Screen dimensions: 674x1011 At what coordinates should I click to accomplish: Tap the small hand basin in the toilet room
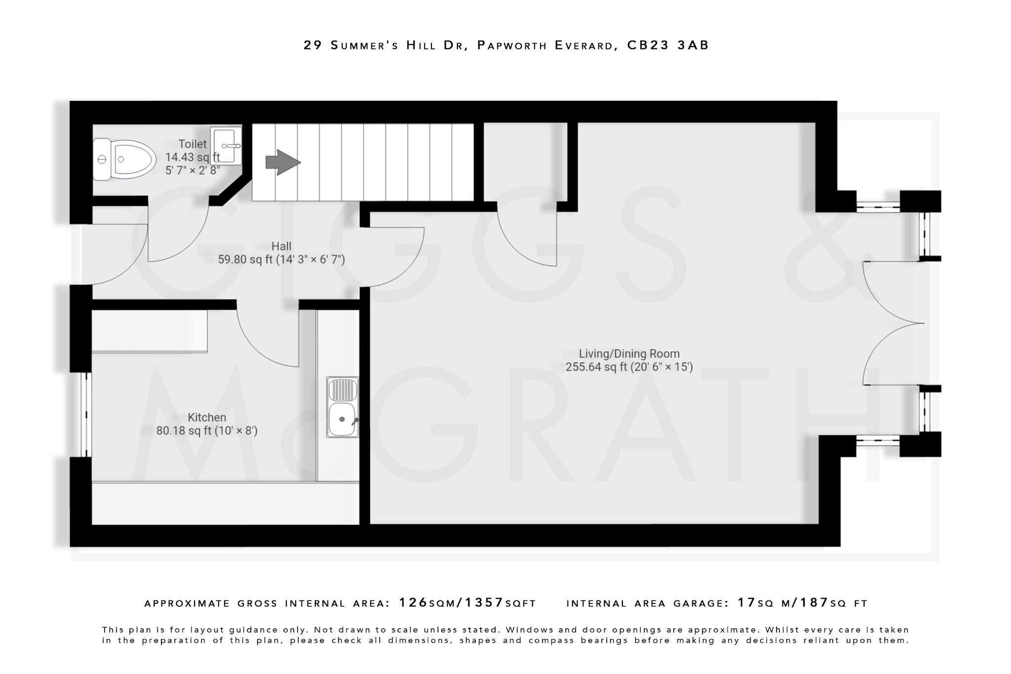pyautogui.click(x=227, y=145)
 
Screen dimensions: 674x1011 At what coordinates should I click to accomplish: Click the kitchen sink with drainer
pyautogui.click(x=343, y=407)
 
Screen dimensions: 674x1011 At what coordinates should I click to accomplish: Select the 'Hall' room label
pyautogui.click(x=281, y=246)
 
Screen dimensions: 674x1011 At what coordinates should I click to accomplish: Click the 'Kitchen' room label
pyautogui.click(x=207, y=417)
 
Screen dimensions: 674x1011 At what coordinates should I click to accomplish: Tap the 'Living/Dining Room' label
pyautogui.click(x=629, y=354)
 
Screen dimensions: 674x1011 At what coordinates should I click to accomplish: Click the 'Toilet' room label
pyautogui.click(x=193, y=144)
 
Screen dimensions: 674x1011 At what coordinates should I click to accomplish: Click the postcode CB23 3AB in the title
pyautogui.click(x=668, y=45)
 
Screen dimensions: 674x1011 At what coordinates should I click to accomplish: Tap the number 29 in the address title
pyautogui.click(x=313, y=45)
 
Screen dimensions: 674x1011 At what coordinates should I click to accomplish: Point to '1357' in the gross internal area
pyautogui.click(x=484, y=603)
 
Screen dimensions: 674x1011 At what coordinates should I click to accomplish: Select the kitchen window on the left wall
pyautogui.click(x=86, y=414)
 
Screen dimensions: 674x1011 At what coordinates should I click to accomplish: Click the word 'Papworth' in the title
pyautogui.click(x=512, y=45)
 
